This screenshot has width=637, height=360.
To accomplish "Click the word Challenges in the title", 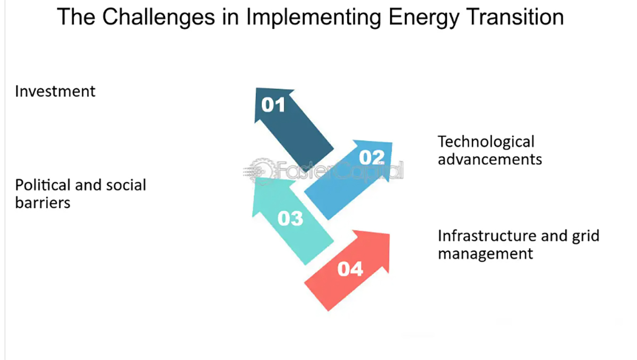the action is [x=158, y=17].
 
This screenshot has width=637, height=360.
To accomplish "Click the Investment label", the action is [x=55, y=91].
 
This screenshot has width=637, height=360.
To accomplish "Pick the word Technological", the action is [x=486, y=142].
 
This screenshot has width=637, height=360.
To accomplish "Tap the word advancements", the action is [x=489, y=159].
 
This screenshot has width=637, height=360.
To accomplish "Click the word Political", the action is [x=42, y=185].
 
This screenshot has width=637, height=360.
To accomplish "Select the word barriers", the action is [x=42, y=203].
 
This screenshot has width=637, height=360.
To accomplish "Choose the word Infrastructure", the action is [x=487, y=236].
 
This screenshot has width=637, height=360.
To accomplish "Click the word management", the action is [x=485, y=254].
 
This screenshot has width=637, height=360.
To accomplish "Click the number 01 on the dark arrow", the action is [x=273, y=105].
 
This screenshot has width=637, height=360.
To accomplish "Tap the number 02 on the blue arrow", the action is [x=372, y=157].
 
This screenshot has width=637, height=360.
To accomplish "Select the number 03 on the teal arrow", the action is [x=290, y=219].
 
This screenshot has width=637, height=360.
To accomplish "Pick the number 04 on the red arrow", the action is [x=350, y=269].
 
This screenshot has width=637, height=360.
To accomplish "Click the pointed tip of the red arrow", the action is [x=389, y=234].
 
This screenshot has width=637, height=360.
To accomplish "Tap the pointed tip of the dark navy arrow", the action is [x=256, y=88].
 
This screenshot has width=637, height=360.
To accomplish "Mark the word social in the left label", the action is [x=126, y=185].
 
